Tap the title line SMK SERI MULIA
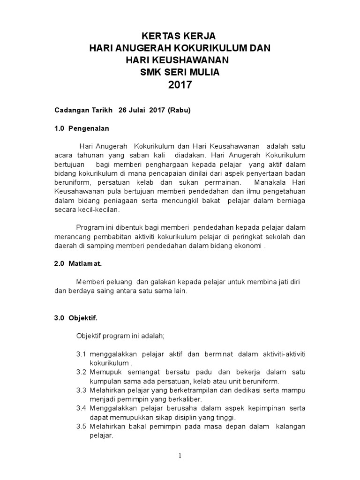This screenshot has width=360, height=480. click(180, 72)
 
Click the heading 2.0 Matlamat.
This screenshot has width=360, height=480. click(78, 264)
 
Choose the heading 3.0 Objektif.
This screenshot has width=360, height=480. click(76, 317)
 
